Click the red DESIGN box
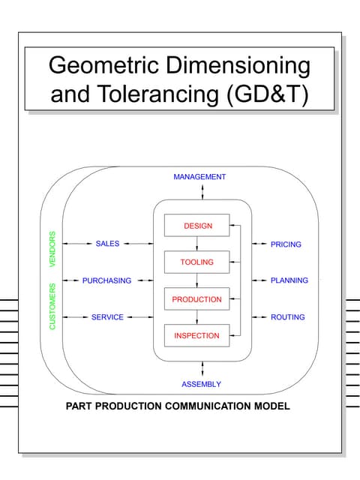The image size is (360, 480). click(x=196, y=226)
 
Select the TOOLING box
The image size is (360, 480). click(x=196, y=262)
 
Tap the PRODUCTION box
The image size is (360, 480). click(x=196, y=299)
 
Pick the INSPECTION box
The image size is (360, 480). click(x=196, y=335)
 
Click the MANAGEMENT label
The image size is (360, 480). click(x=199, y=177)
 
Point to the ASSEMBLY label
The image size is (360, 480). click(x=201, y=384)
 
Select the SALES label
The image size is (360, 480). click(x=108, y=244)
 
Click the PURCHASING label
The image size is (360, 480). click(x=106, y=280)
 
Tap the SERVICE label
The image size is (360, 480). click(x=107, y=317)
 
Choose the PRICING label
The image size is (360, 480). click(x=286, y=244)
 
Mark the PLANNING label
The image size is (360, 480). click(x=289, y=280)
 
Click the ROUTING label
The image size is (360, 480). click(x=287, y=317)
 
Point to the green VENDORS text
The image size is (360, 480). click(x=52, y=248)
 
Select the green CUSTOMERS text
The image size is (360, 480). click(x=52, y=306)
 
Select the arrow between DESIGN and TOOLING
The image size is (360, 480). click(x=196, y=244)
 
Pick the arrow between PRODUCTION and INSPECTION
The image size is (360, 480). click(x=196, y=317)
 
